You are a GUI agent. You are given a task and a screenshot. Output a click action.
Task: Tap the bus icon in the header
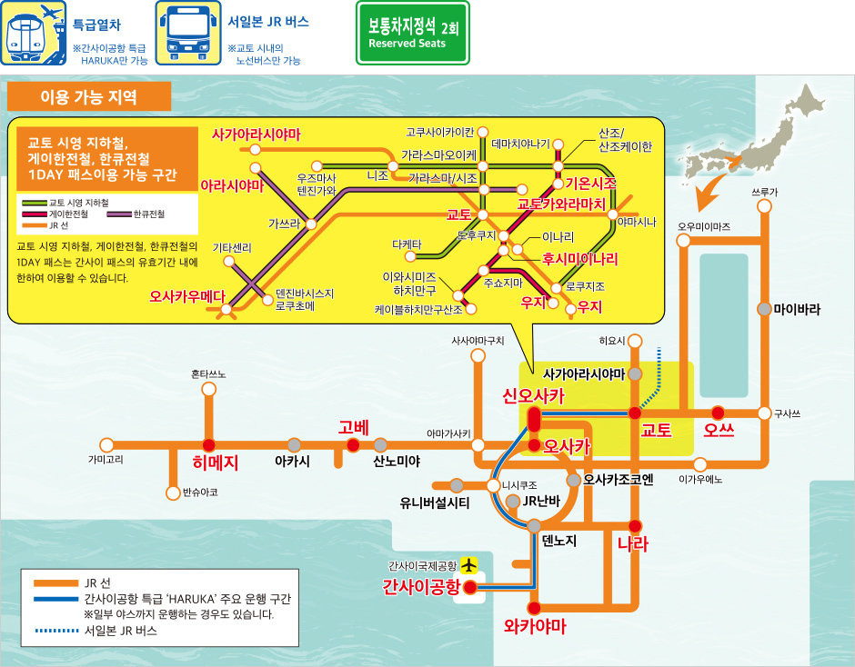point(188,33)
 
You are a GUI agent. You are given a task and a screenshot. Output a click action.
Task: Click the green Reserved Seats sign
point(412,33)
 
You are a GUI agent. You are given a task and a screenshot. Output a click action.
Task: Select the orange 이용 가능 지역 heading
point(88,96)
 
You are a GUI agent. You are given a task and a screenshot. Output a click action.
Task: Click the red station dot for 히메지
point(209,445)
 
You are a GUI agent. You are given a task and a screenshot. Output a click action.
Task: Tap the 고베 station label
point(351,427)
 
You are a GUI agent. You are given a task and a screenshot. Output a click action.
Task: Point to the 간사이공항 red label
point(422,586)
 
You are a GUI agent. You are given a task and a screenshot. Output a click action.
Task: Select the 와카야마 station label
point(535,627)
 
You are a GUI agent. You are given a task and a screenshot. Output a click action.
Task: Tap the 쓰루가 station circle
point(764,206)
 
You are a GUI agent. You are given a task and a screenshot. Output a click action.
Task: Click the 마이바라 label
point(797,309)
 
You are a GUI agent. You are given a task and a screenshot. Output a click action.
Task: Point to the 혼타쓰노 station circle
point(209,390)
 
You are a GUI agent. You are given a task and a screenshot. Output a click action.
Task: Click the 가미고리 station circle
point(106,445)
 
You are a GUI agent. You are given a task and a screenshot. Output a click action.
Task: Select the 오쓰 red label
point(719,430)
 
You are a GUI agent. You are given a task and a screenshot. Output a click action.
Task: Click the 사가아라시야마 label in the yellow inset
point(256,134)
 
